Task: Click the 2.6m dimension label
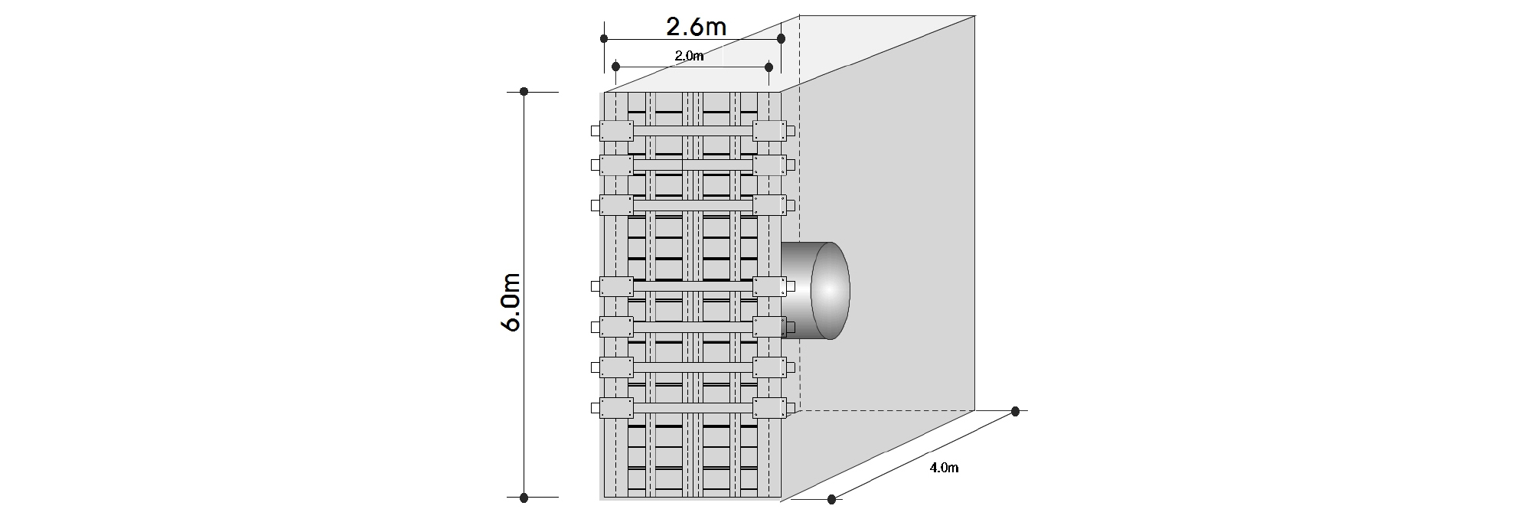[696, 28]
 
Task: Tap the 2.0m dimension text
[689, 55]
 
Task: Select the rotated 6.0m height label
[511, 302]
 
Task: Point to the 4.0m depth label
[944, 468]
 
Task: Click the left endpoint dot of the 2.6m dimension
[604, 38]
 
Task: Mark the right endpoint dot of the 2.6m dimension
[781, 38]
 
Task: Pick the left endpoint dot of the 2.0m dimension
[616, 67]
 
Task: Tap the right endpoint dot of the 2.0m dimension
[768, 67]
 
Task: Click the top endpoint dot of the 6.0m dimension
[524, 92]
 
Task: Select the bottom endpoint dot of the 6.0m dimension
[524, 498]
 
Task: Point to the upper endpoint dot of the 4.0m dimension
[1015, 412]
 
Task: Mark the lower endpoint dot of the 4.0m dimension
[832, 500]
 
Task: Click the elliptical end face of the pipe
[831, 291]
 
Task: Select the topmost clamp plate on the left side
[616, 130]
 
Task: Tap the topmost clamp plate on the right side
[769, 130]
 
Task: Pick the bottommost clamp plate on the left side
[616, 408]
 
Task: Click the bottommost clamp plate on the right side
[769, 408]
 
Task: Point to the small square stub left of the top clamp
[595, 131]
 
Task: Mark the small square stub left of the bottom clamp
[595, 409]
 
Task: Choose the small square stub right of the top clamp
[791, 131]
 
